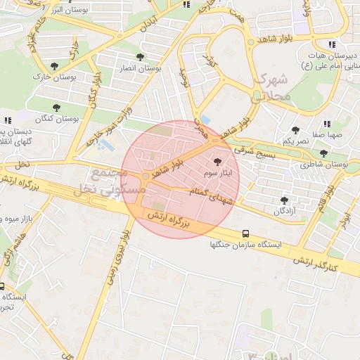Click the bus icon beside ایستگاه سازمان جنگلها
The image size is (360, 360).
[x=245, y=233]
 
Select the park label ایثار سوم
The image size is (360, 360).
[x=217, y=172]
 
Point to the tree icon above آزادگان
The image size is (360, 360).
[x=284, y=200]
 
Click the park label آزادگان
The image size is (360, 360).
[x=284, y=211]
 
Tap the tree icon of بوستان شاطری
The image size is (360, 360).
[x=323, y=153]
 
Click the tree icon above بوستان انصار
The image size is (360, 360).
[x=140, y=57]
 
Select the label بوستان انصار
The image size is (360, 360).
[x=140, y=68]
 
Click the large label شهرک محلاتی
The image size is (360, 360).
[x=269, y=86]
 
